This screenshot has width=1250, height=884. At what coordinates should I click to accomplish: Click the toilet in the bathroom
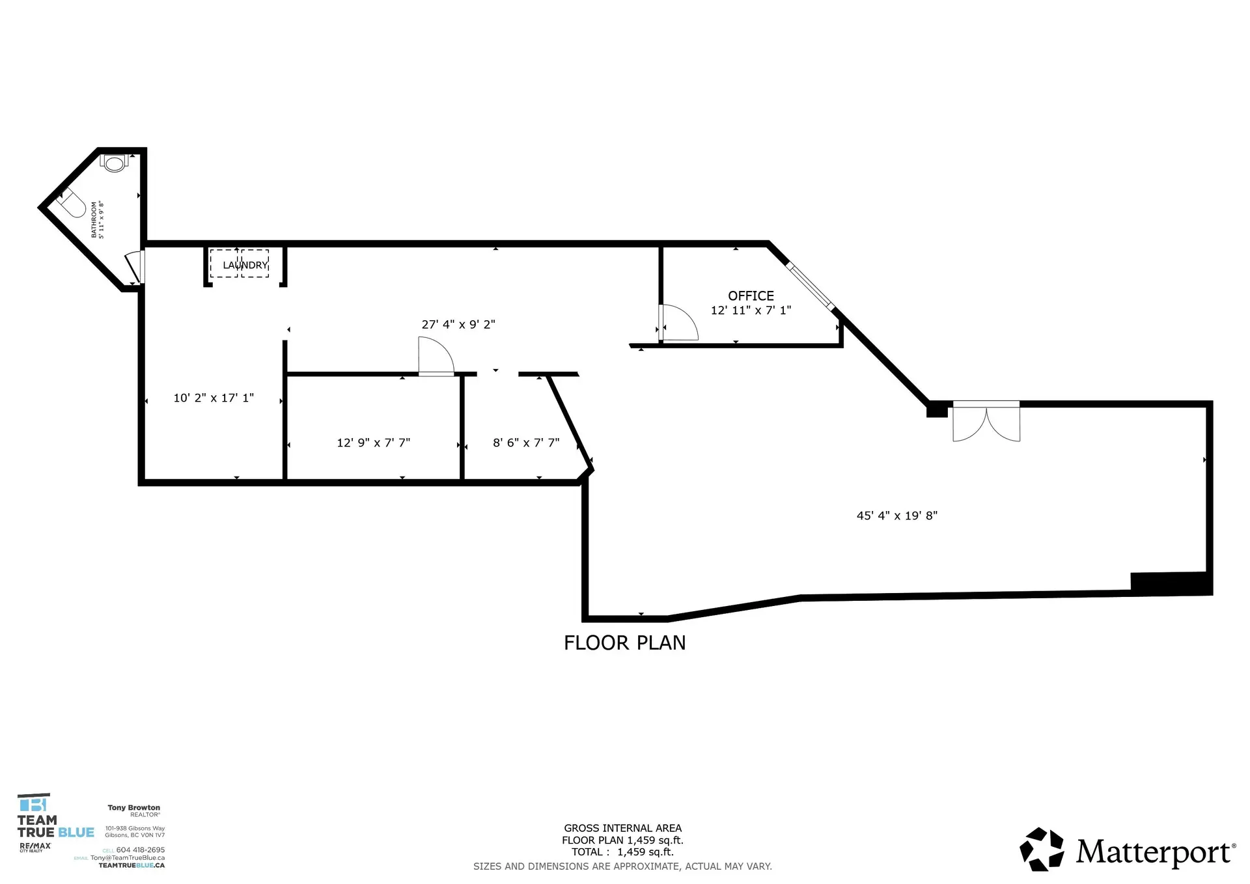point(115,163)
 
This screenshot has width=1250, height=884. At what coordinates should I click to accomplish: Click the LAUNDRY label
point(245,265)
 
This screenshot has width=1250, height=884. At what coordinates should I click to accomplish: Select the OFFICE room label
point(751,296)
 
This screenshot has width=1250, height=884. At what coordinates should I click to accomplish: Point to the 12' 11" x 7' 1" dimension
point(751,311)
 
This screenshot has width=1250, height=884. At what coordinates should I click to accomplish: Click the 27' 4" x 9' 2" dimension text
point(458,324)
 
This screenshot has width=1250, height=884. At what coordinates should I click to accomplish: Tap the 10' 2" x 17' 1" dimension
point(214,398)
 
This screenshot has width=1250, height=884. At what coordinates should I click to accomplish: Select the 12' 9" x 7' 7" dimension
point(373,443)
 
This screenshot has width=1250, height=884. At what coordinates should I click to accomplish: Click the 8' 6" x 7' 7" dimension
point(526,443)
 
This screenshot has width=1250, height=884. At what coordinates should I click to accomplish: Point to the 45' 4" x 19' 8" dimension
point(896,516)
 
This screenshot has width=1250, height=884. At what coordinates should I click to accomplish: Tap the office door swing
point(678,324)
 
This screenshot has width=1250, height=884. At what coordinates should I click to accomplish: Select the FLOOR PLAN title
point(624,642)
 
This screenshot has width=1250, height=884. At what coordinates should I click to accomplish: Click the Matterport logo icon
point(1042,849)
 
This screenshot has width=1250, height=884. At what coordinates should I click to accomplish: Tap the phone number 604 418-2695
point(140,849)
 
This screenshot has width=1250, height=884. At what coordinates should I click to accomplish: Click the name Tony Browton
point(133,807)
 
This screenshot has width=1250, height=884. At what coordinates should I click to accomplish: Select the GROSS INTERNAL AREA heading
point(622,828)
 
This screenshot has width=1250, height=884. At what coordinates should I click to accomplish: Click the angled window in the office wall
point(810,285)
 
